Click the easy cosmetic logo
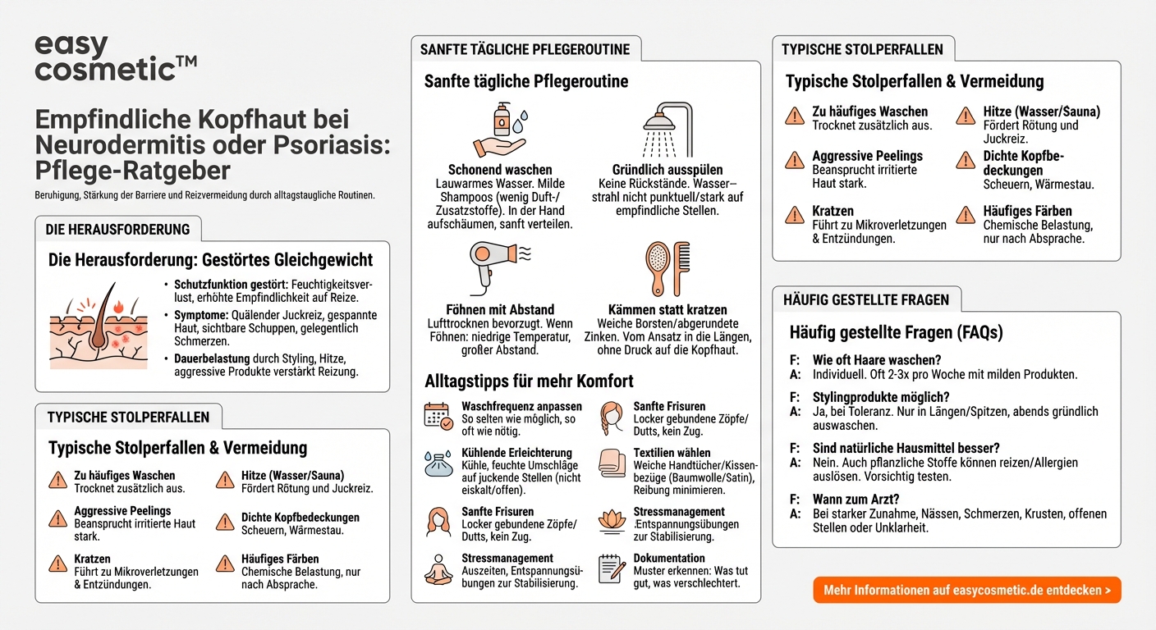115,57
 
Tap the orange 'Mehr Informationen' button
966,590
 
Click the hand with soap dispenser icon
499,130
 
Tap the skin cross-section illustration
99,328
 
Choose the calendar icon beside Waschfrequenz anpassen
438,416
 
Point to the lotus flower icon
611,521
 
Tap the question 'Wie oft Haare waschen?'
877,360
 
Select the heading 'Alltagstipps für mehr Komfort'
529,381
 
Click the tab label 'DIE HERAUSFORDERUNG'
117,230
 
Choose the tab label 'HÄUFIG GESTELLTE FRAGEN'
865,300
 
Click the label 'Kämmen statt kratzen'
667,310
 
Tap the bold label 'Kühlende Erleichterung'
516,453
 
